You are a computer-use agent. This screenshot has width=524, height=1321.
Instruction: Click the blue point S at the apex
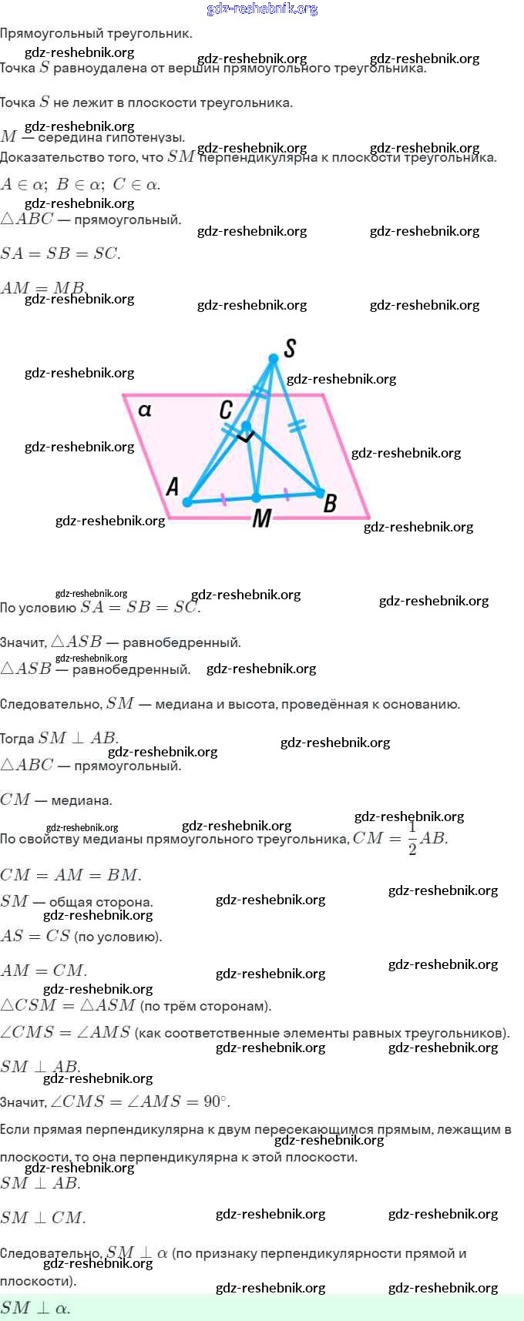click(274, 359)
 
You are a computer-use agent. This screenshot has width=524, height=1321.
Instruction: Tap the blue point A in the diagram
click(187, 502)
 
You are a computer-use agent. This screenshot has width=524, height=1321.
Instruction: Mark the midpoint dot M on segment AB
click(257, 498)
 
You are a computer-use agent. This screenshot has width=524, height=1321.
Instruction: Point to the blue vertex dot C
click(246, 426)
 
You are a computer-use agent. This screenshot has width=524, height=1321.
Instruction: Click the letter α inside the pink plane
click(145, 410)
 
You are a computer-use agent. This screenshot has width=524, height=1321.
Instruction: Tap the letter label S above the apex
click(290, 348)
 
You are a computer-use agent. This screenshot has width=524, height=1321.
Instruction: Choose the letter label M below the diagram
click(262, 518)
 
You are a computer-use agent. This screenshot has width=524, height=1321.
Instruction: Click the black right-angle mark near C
click(246, 438)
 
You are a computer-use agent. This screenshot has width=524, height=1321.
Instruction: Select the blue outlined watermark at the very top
click(262, 9)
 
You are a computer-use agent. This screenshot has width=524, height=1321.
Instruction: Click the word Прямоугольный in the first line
click(47, 34)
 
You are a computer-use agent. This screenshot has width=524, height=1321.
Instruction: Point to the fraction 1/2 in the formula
click(412, 839)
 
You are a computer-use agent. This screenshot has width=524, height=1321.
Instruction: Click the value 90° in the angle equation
click(216, 1101)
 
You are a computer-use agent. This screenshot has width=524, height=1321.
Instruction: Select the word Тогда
click(17, 739)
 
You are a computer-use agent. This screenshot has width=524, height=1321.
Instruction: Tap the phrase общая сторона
click(101, 902)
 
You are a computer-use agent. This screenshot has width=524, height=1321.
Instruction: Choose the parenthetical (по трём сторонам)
click(206, 1006)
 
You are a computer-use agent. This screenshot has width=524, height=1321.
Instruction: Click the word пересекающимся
click(305, 1130)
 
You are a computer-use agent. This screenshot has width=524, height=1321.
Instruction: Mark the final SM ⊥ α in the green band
click(35, 1308)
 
